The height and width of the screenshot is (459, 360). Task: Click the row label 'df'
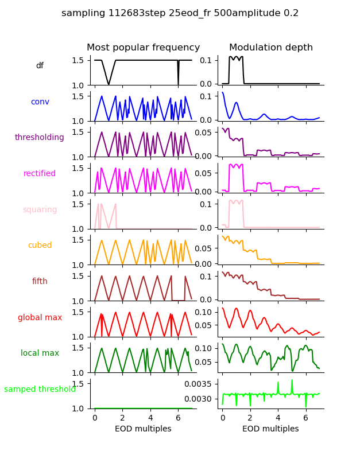point(40,66)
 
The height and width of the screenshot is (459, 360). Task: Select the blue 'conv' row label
point(40,102)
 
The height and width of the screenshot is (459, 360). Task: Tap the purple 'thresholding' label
point(40,138)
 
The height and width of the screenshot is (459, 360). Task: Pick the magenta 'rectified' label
point(40,174)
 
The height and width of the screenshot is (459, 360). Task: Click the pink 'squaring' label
point(40,210)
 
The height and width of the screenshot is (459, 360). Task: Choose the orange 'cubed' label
point(40,246)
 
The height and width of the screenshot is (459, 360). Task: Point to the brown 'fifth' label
point(40,282)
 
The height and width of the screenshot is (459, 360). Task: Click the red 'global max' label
point(40,318)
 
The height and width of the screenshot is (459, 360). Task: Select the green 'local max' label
point(40,353)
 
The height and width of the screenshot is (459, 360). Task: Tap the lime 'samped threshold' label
point(40,390)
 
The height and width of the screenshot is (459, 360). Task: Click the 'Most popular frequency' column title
point(143,48)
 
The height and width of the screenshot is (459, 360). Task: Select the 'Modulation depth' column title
point(271,48)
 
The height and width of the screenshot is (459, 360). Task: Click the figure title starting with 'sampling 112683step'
point(180,13)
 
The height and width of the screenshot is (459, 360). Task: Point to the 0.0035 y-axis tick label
point(199,383)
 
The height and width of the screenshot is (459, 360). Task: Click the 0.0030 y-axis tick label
point(199,399)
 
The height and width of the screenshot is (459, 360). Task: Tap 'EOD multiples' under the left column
point(143,429)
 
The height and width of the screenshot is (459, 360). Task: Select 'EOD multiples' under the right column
point(270,429)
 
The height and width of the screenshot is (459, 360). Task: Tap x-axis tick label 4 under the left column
point(150,418)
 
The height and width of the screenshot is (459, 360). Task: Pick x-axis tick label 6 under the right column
point(305,418)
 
